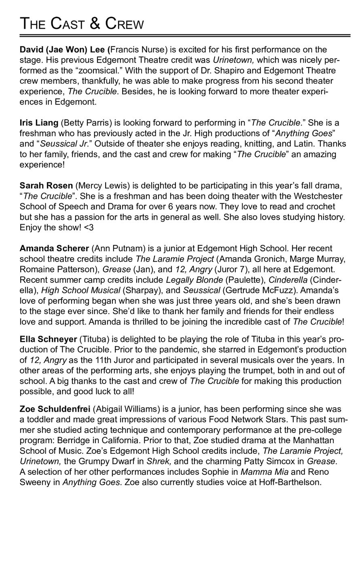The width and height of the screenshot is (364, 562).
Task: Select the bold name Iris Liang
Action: click(x=39, y=123)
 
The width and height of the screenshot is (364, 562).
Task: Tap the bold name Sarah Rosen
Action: click(x=46, y=186)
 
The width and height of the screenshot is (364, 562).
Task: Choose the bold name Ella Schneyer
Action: click(x=48, y=339)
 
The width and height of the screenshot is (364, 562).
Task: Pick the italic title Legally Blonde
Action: click(x=195, y=280)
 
